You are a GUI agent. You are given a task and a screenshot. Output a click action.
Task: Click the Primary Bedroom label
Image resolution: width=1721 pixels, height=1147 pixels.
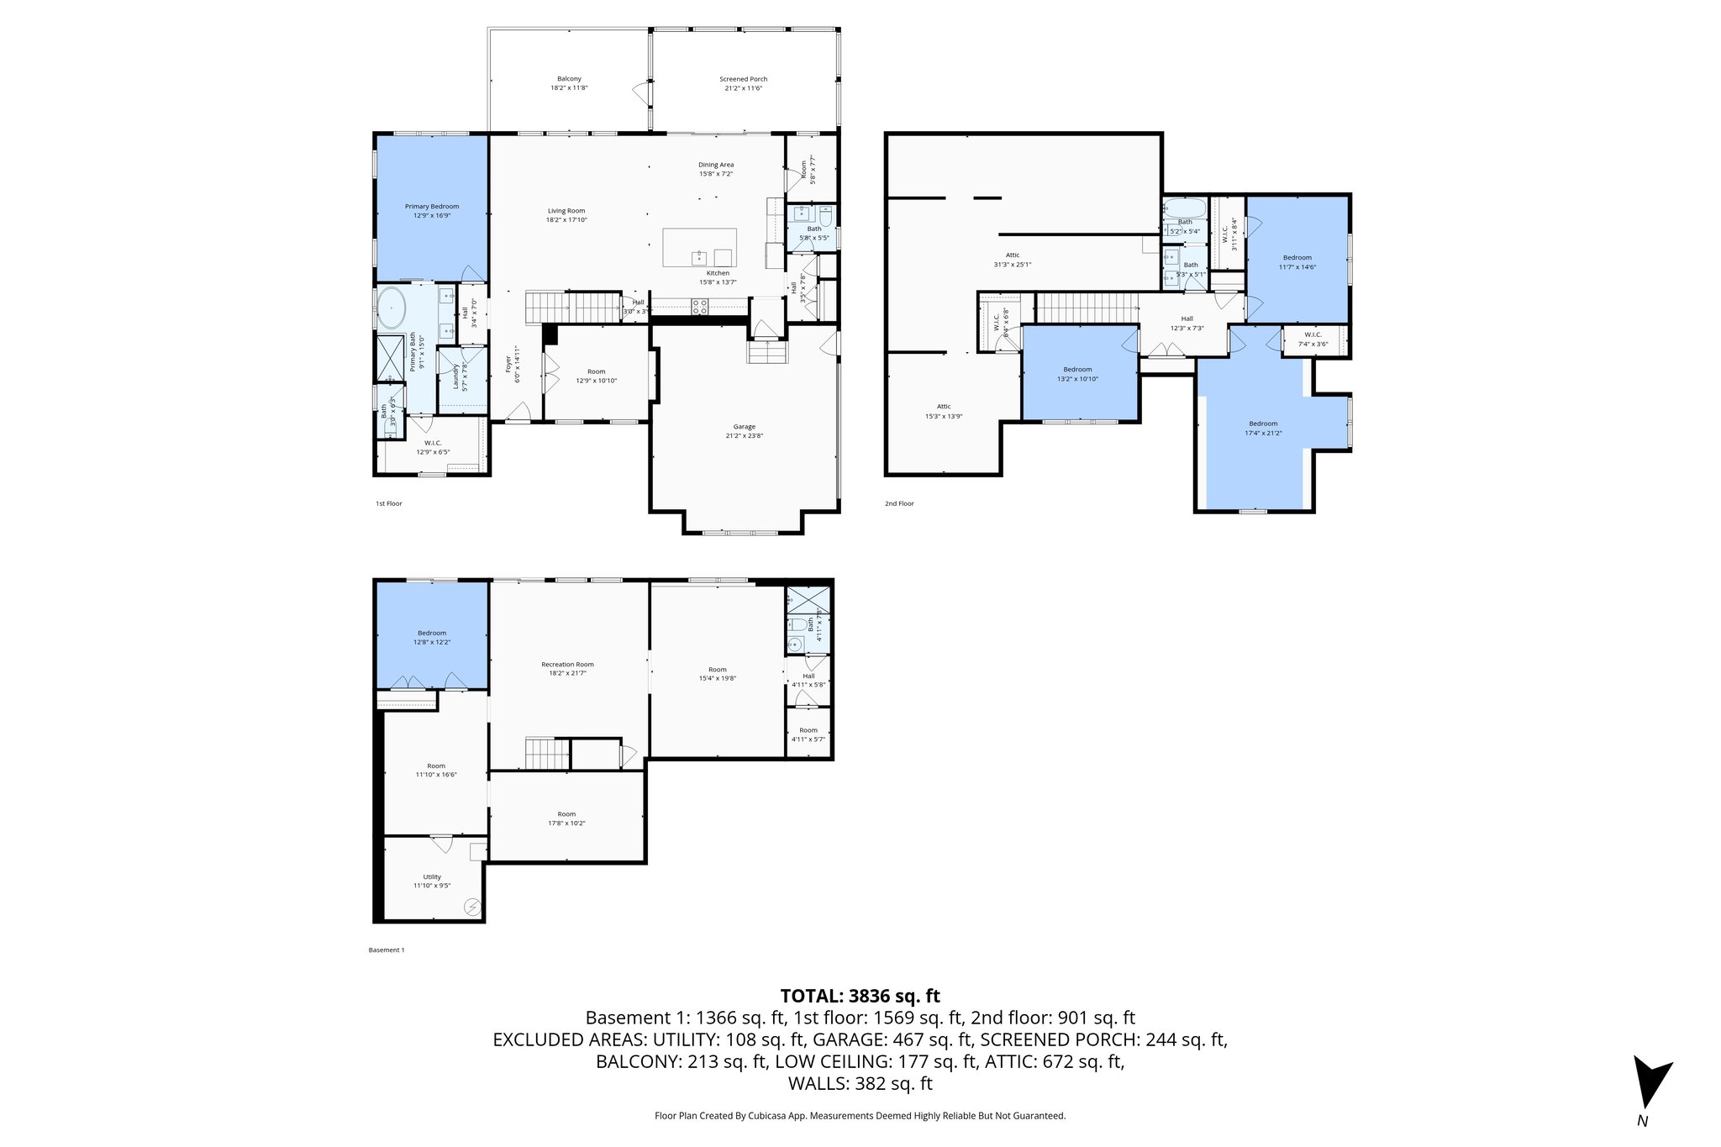click(x=432, y=207)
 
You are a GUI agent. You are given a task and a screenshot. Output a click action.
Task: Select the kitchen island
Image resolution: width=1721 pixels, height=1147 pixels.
click(x=699, y=247)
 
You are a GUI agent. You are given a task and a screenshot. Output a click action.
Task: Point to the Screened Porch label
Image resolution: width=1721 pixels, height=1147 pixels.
click(x=743, y=79)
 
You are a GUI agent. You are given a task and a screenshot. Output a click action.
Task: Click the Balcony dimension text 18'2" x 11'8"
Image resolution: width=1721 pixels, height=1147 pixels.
click(x=569, y=87)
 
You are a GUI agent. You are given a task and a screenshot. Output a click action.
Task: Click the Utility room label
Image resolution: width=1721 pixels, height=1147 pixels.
click(x=432, y=877)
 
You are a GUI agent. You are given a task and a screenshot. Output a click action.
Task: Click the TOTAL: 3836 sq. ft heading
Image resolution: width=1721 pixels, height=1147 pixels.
click(x=860, y=997)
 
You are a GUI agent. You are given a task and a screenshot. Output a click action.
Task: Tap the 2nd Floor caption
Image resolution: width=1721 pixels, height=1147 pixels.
click(x=898, y=503)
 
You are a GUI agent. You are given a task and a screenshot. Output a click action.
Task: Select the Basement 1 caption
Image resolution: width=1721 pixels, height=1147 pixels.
click(x=387, y=950)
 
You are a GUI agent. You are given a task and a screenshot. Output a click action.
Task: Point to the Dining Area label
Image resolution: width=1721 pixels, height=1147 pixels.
click(x=716, y=165)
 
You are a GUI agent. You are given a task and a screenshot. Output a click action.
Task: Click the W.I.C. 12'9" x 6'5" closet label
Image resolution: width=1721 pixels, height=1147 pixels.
click(x=433, y=443)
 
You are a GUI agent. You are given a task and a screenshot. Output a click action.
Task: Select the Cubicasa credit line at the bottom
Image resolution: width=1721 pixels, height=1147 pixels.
click(x=860, y=1116)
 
